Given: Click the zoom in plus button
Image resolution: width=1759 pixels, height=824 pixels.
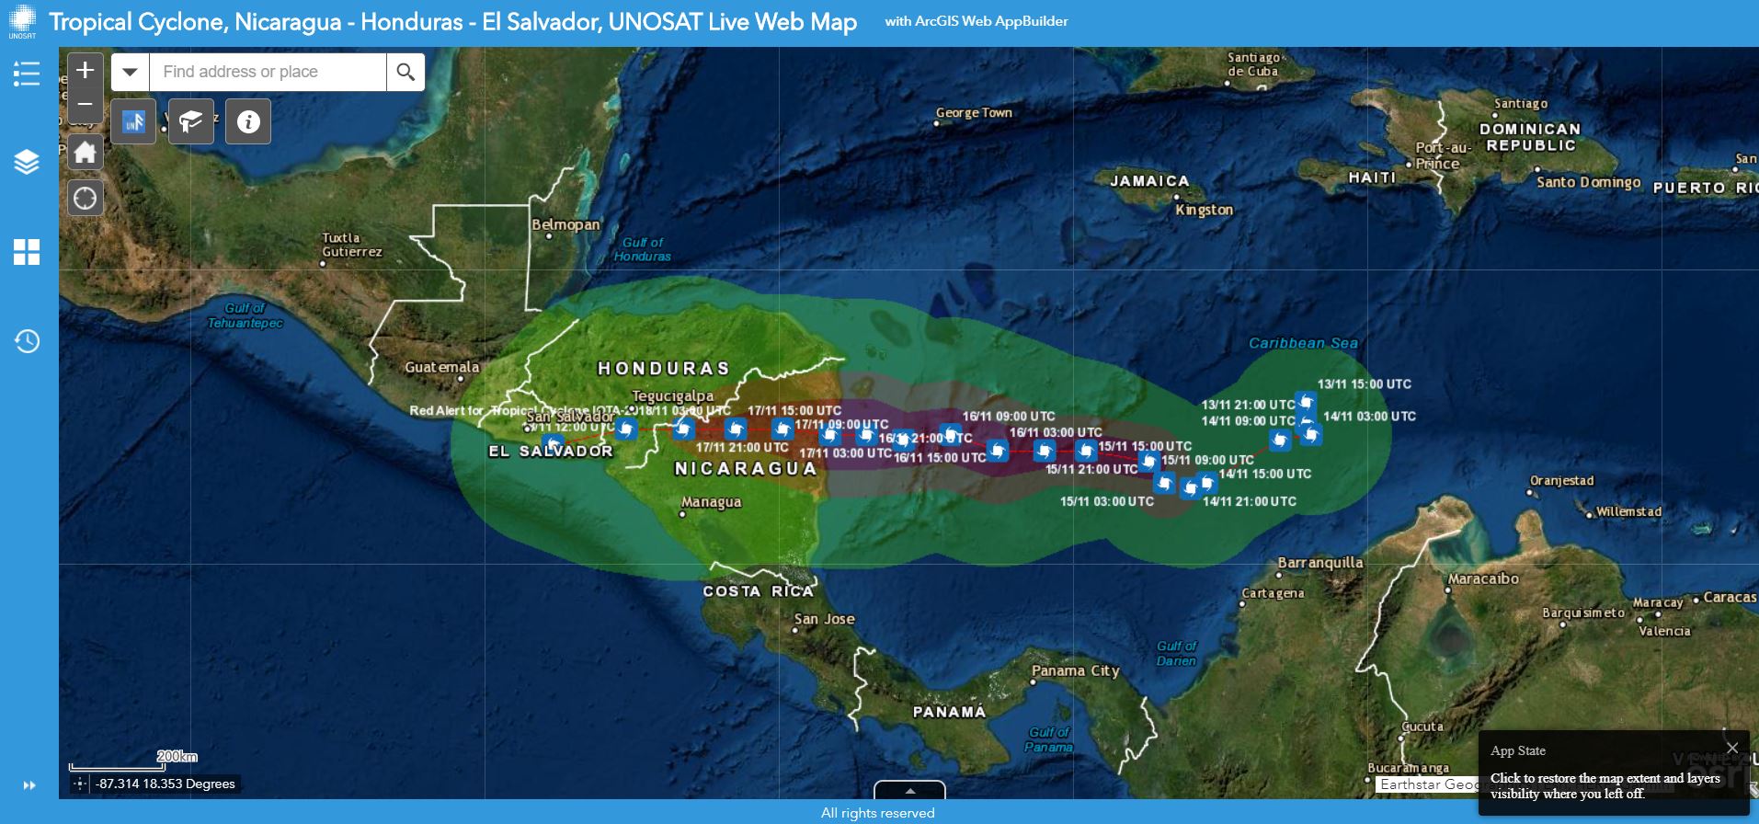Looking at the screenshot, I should pos(85,70).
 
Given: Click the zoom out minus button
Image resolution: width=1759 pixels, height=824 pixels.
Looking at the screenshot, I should pos(85,104).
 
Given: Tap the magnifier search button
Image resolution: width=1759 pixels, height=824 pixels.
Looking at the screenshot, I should pos(405,72).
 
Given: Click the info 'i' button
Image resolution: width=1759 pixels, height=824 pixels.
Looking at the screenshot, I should pos(248,121).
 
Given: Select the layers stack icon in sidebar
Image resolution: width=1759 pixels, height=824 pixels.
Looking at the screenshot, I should pos(27,162).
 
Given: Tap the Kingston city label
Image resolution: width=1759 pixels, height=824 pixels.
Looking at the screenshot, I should pos(1204,210).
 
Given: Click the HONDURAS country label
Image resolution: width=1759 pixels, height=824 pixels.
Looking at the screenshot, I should pos(663,369).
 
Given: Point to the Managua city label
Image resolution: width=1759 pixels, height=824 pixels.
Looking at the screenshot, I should pos(711,502).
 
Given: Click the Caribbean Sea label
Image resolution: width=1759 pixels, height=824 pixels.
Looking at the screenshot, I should pos(1302,343).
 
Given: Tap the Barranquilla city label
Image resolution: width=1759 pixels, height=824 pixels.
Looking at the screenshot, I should pos(1319,563).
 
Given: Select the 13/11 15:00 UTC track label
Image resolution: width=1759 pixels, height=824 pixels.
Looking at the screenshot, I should pos(1364,384).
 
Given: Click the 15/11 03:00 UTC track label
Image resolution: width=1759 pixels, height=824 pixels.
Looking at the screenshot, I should pos(1106,501).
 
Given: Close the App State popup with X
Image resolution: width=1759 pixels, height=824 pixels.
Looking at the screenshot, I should pos(1732,748).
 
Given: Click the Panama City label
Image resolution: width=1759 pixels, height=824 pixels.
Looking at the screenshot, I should pos(1075,670).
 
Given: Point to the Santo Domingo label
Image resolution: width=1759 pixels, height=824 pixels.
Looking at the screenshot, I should pos(1588,182).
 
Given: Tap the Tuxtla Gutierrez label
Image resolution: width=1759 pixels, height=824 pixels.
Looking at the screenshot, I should pos(351,245).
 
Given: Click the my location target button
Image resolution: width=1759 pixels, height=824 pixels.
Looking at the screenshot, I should pos(85,198).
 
